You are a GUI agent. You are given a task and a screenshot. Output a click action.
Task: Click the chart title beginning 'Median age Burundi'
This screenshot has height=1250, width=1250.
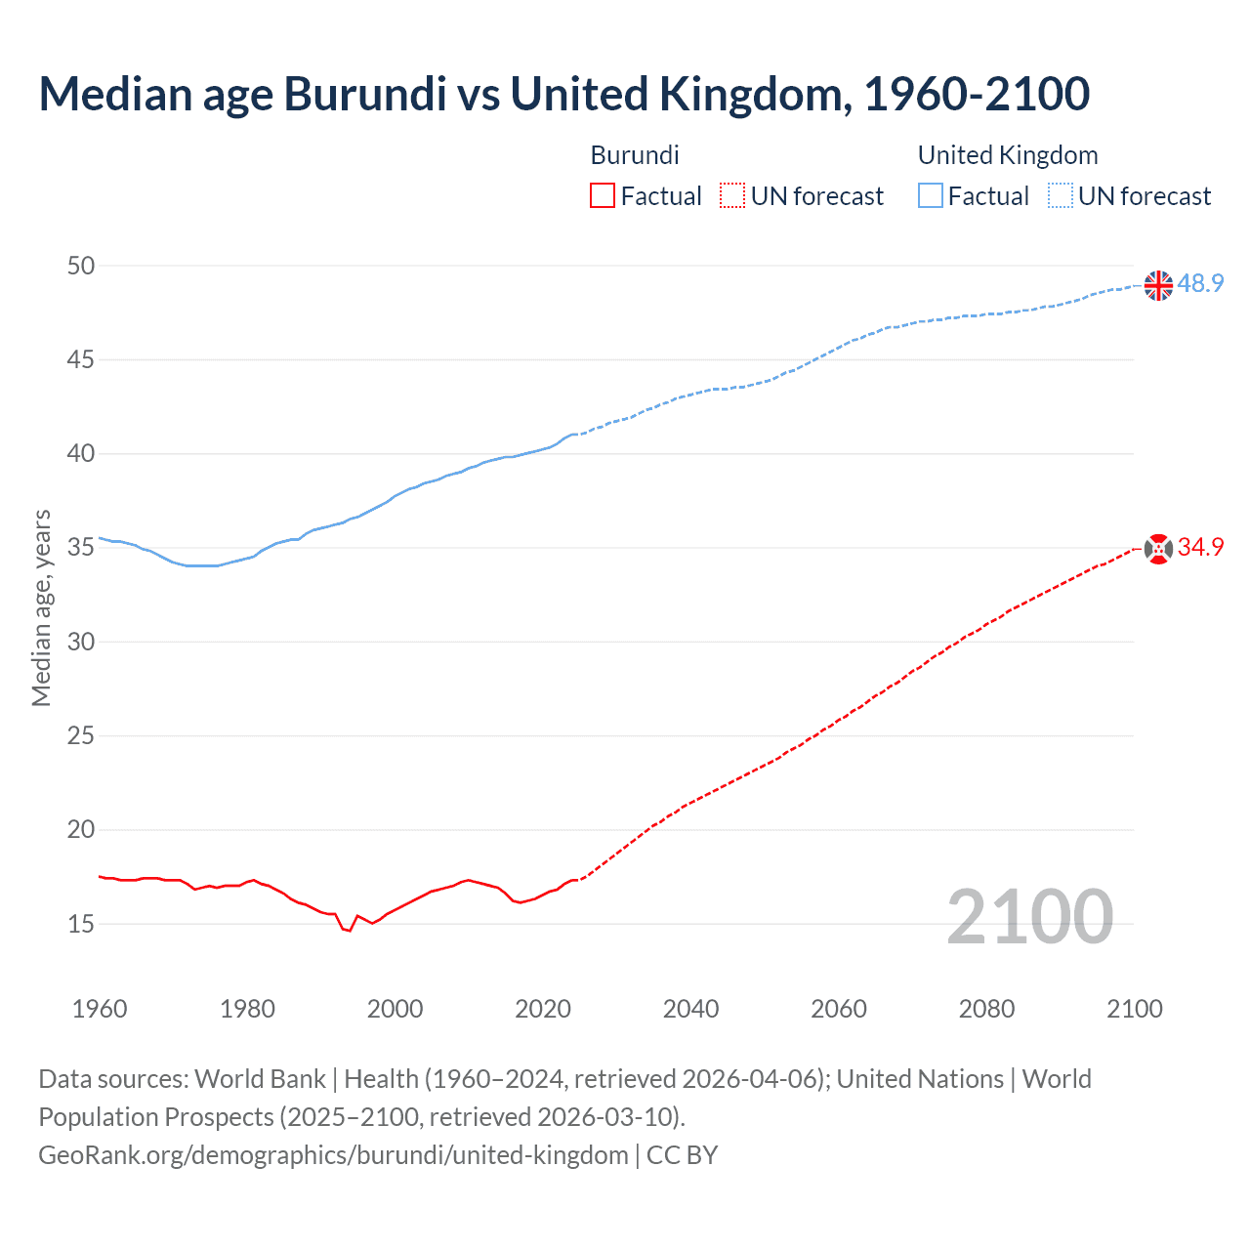click(x=563, y=94)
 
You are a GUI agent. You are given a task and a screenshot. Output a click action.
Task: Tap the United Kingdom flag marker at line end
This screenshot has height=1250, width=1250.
click(x=1157, y=285)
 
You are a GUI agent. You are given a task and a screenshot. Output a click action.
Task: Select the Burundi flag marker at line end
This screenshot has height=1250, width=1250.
click(x=1157, y=549)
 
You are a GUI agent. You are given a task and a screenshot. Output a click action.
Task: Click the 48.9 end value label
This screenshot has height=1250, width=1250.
click(x=1200, y=283)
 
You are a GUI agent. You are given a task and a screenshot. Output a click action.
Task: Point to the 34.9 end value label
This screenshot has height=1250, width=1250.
click(x=1200, y=547)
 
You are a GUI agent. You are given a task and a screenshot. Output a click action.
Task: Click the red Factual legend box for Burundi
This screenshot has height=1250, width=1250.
click(x=603, y=196)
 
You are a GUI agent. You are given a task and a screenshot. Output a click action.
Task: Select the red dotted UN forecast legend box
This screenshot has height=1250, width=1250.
click(x=732, y=196)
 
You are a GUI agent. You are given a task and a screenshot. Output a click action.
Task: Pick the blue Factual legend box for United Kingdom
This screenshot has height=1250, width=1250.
click(x=930, y=196)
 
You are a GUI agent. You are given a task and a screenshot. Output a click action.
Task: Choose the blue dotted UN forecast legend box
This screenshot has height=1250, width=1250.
click(x=1060, y=196)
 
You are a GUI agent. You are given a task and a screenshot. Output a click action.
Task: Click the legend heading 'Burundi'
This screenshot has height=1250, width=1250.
click(x=635, y=155)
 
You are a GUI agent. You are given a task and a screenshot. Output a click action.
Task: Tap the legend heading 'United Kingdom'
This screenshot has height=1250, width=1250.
click(x=1008, y=155)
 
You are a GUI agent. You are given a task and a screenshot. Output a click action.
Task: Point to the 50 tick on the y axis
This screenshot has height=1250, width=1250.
click(x=81, y=266)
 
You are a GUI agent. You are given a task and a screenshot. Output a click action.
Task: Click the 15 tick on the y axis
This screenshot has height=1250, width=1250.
click(x=81, y=924)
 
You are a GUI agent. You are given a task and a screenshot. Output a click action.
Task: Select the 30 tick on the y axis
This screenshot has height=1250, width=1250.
click(x=81, y=642)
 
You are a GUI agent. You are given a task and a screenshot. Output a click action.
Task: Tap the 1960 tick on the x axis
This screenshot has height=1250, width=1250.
click(x=100, y=1009)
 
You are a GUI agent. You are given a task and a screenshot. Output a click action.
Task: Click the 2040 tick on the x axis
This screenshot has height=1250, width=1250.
click(x=690, y=1009)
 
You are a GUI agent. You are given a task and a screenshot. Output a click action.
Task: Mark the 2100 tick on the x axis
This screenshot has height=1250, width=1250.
click(x=1134, y=1009)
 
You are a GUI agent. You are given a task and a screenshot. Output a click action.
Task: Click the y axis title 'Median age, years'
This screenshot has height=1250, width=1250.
click(x=41, y=607)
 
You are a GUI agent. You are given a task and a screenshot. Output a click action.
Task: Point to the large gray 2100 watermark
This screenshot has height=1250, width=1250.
click(x=1029, y=916)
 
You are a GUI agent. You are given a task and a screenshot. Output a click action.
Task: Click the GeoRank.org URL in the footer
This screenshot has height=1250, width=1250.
click(x=333, y=1155)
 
